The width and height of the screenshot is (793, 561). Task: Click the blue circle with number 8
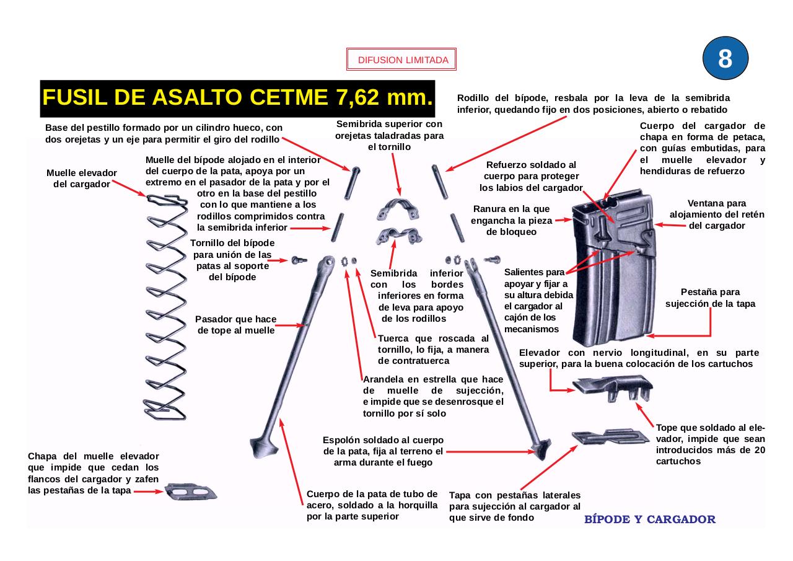click(x=725, y=58)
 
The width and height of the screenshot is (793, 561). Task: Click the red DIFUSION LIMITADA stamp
click(x=401, y=60)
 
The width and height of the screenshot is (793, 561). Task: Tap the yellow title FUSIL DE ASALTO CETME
click(x=237, y=98)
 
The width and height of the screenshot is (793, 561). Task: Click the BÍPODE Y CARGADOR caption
click(x=650, y=519)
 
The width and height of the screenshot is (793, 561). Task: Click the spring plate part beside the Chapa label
click(x=191, y=492)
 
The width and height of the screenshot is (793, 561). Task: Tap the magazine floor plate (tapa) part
click(x=610, y=436)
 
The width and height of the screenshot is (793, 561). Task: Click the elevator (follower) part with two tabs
click(x=613, y=387)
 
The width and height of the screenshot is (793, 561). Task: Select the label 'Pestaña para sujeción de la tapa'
click(x=710, y=298)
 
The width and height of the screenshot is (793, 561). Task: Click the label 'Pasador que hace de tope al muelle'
click(x=235, y=325)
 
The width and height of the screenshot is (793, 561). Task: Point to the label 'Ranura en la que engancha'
click(x=511, y=220)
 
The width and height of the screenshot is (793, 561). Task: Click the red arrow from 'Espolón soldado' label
click(x=489, y=452)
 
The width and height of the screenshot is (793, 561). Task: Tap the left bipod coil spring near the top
click(x=338, y=227)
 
